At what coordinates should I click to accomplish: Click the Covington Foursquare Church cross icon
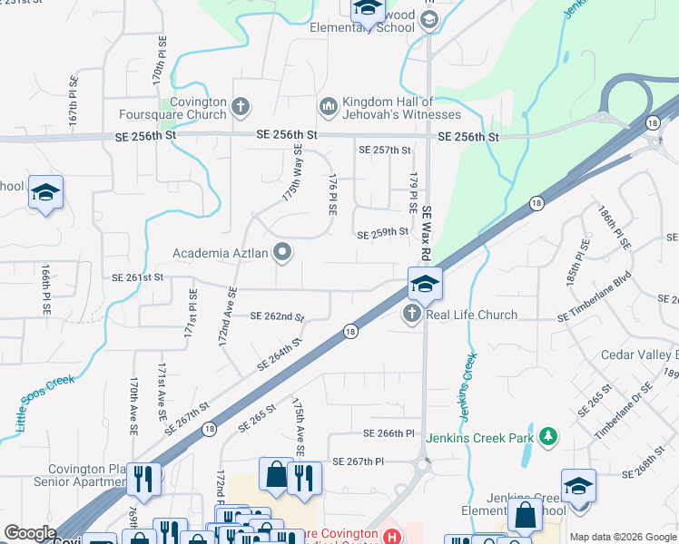241,108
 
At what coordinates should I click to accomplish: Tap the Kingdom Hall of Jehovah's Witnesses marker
328,107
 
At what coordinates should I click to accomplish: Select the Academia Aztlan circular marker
283,253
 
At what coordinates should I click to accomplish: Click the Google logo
30,533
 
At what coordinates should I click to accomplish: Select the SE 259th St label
383,233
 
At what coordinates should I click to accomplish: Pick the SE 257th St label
385,150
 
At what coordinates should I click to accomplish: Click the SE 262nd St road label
276,316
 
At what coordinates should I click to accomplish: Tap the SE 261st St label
137,277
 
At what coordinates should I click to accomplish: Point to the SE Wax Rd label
426,226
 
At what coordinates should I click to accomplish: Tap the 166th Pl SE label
45,289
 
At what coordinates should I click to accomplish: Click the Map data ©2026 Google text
622,537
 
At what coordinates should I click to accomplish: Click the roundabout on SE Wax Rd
422,466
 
